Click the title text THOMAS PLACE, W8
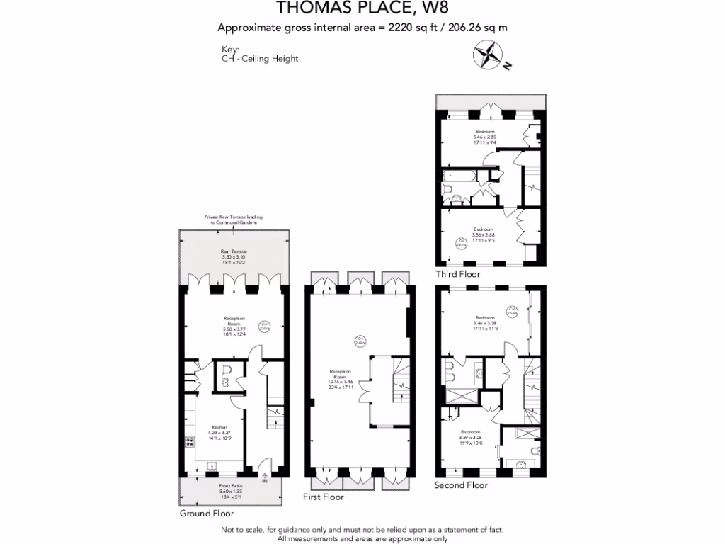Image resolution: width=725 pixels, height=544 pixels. coord(362,9)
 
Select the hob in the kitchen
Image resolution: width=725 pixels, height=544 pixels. coord(190,441)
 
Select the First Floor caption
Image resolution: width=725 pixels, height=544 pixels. coord(323,497)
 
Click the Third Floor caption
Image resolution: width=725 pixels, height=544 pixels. coord(458,274)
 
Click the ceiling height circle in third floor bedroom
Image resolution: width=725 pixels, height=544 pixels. coord(461,244)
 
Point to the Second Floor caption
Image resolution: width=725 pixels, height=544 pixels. coord(462,485)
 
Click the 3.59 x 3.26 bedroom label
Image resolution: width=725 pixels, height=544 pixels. coord(470,436)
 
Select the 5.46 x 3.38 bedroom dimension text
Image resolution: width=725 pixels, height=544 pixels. coord(485,324)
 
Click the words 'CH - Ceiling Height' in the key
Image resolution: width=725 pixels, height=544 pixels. coord(260,59)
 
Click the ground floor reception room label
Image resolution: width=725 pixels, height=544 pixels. coord(234,323)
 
